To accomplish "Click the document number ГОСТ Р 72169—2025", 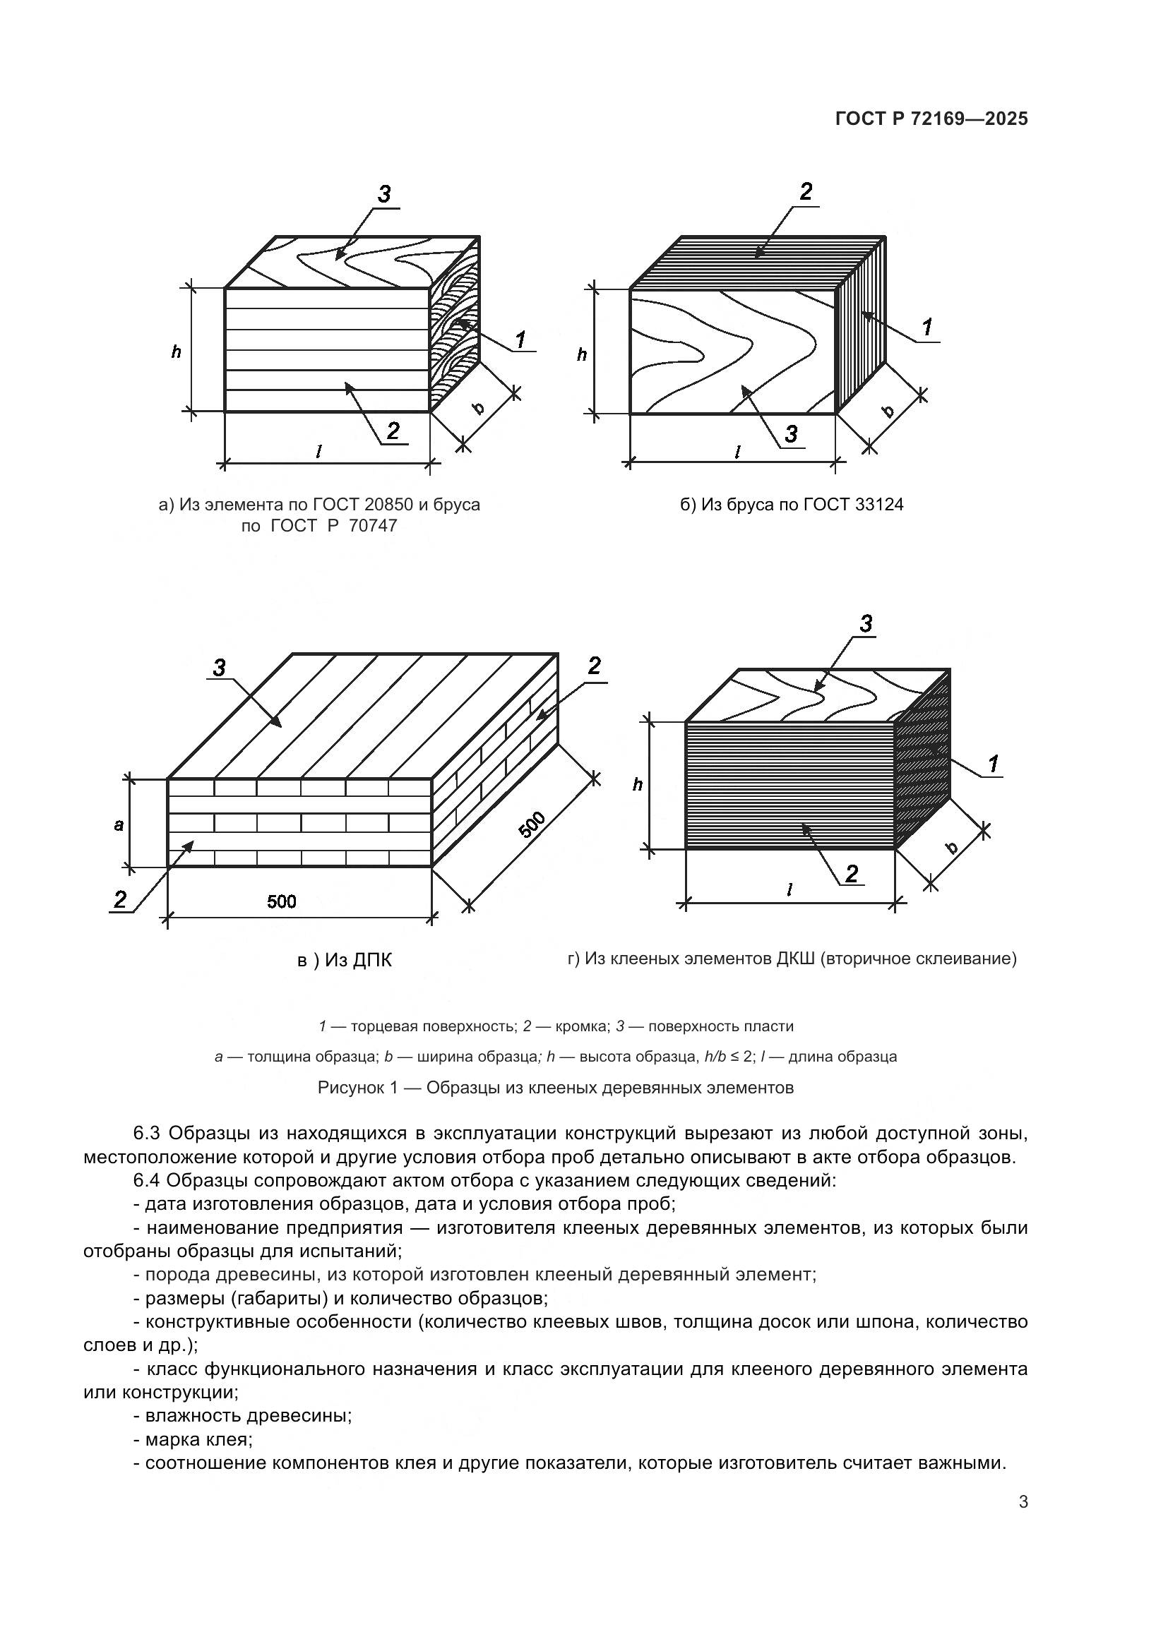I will click(x=931, y=119).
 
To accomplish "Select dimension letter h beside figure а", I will click(x=177, y=352).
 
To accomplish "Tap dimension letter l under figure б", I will click(x=737, y=452).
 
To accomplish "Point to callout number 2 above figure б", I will click(x=806, y=192).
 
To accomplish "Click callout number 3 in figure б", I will click(x=791, y=433).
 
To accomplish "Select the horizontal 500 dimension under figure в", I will click(x=281, y=901).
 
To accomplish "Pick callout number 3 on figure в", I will click(x=219, y=668).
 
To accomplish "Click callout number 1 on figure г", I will click(x=994, y=764).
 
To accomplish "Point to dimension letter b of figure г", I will click(x=952, y=847).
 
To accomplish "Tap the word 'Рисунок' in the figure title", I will click(x=348, y=1087).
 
